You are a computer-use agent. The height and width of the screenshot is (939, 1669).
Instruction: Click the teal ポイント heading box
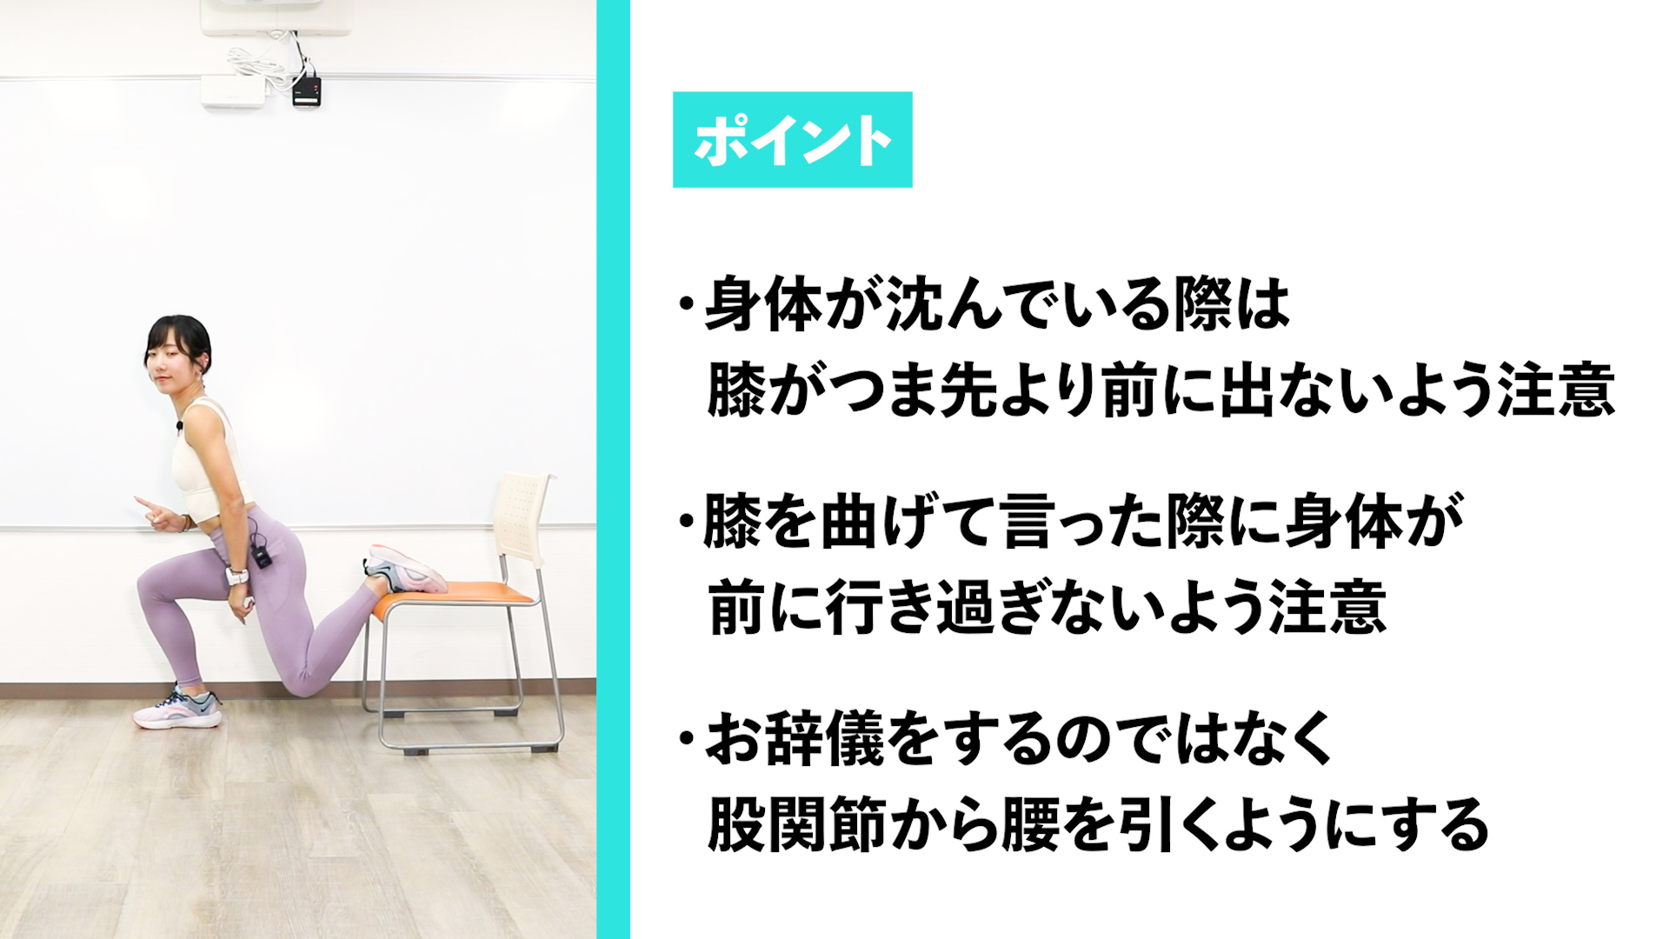click(x=792, y=140)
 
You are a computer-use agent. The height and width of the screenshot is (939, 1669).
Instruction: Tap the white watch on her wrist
click(x=237, y=577)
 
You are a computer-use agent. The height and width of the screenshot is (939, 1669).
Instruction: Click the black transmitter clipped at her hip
click(x=261, y=555)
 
